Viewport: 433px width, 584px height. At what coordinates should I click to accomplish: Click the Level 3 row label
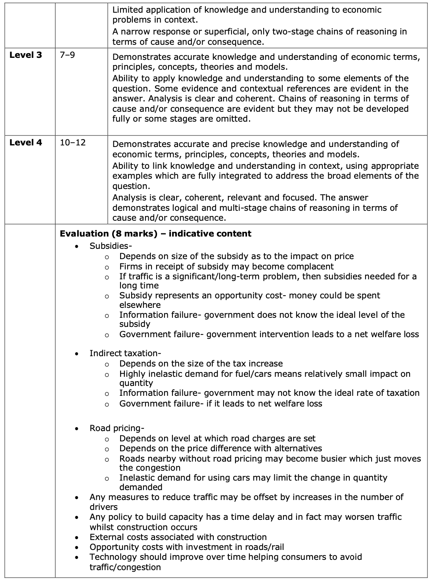25,55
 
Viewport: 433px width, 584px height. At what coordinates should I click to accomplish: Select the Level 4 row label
25,143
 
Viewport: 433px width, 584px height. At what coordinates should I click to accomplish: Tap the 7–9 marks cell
67,55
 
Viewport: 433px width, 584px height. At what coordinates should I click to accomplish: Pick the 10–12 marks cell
73,143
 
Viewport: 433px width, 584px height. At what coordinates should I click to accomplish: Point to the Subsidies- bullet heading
111,246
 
